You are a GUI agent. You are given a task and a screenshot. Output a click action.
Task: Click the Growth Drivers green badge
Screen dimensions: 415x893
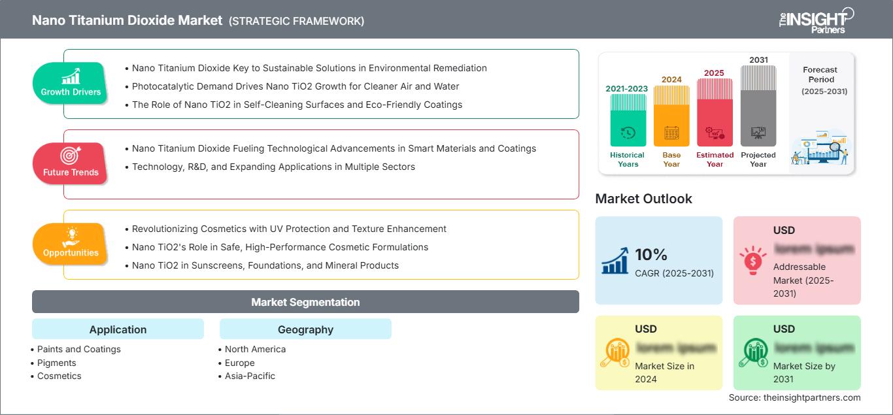(x=71, y=83)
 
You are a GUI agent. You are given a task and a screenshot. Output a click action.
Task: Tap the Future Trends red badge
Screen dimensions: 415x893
(x=71, y=163)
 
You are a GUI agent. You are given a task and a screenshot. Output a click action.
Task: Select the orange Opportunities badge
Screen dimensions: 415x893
(x=71, y=244)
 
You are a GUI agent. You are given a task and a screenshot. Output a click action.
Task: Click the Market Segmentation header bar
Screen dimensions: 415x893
(x=305, y=302)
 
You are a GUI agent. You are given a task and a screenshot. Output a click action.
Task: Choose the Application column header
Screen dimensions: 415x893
(x=118, y=329)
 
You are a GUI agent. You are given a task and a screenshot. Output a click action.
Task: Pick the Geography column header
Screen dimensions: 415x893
(x=305, y=329)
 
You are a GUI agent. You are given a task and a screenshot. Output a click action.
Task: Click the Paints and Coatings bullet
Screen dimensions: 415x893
(x=78, y=349)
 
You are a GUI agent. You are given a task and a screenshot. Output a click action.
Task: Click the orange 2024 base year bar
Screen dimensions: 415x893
(x=671, y=118)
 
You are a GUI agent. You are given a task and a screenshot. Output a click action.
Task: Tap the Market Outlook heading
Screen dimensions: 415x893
(x=643, y=199)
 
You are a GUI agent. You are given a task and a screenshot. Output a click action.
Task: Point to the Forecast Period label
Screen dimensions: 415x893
(x=820, y=75)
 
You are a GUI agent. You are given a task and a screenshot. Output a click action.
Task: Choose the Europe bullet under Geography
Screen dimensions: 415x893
(x=239, y=363)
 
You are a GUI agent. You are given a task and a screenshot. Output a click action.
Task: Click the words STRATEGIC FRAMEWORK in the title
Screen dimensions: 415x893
(x=296, y=21)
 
